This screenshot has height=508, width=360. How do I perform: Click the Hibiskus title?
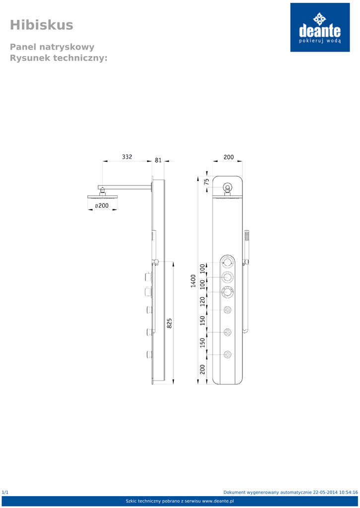click(x=42, y=25)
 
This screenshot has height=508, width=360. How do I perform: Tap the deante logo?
click(x=320, y=27)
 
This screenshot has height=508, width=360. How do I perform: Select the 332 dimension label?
click(x=127, y=157)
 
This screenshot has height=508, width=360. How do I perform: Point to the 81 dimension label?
click(x=158, y=160)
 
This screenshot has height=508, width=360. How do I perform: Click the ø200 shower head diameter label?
click(x=102, y=205)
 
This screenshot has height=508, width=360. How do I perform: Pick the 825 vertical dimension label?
click(x=169, y=323)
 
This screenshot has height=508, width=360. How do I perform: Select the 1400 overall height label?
click(x=193, y=281)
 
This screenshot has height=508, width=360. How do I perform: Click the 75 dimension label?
click(x=207, y=182)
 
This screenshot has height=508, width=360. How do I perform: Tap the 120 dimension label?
click(x=203, y=301)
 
